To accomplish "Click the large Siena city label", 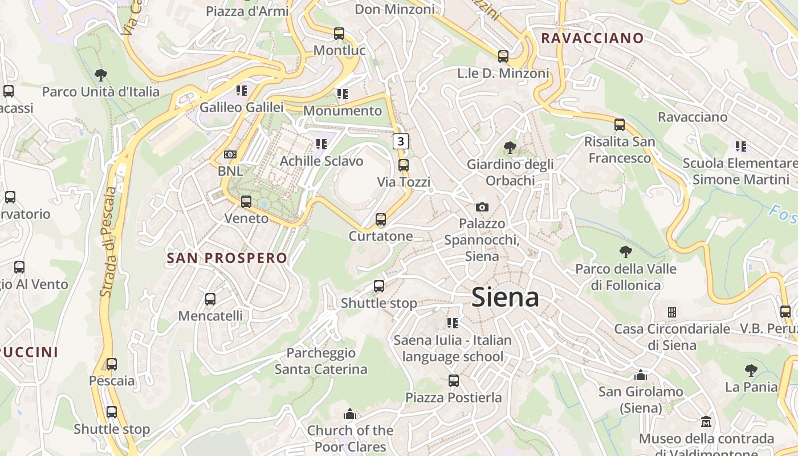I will (505, 298).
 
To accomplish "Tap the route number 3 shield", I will (401, 141).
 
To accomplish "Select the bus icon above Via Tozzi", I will (404, 165).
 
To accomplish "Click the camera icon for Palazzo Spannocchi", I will (482, 207).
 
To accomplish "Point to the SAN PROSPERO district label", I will (227, 258).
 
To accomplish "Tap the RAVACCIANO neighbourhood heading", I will (592, 38).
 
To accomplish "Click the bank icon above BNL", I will (230, 154).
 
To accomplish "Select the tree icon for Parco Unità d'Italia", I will (101, 75).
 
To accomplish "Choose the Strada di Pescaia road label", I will (108, 242).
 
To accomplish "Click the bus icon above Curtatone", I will (381, 219).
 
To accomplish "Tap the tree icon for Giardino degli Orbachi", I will (510, 148).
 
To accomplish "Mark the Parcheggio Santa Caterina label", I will (321, 361).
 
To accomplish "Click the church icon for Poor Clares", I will (350, 414).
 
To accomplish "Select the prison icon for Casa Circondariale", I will (672, 312).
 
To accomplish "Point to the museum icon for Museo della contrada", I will (706, 422).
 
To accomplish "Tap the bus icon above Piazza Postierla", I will (454, 380).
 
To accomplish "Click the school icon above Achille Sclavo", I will (321, 144).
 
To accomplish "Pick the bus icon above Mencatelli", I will (210, 299).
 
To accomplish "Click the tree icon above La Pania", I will (751, 370).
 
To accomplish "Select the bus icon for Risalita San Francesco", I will (620, 124).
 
